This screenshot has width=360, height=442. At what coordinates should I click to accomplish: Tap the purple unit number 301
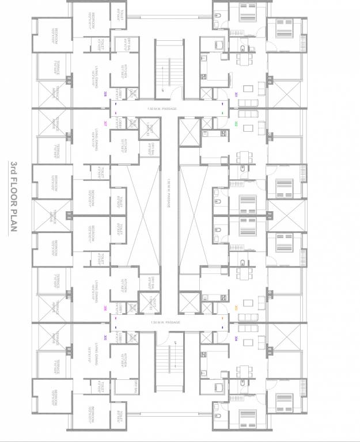pos(236,94)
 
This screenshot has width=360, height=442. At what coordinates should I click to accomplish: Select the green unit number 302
pos(236,123)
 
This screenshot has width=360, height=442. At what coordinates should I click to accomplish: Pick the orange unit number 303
pos(236,308)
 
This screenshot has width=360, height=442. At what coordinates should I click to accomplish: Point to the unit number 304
pos(236,338)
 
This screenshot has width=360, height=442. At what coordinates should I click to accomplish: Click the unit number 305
pos(105,338)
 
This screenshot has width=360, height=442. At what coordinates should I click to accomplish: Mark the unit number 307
pos(105,123)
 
